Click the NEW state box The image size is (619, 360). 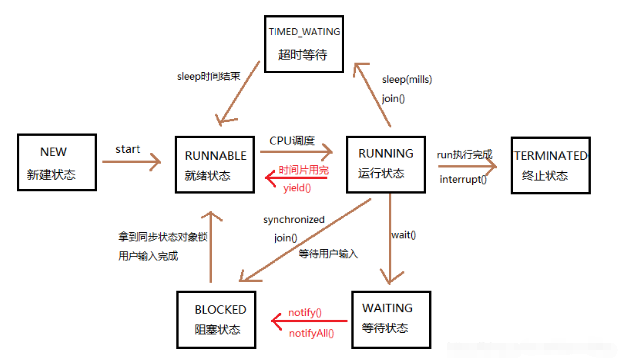pos(57,162)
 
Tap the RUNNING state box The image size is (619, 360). pos(386,164)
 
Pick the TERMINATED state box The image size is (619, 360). pos(550,165)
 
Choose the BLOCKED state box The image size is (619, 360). pos(216,319)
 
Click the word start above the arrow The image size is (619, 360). pos(128,149)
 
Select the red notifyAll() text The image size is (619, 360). pos(311,333)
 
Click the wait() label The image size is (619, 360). pos(404,235)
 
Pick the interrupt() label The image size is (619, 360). pos(463,179)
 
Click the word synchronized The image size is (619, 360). pos(293,219)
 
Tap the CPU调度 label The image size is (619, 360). pos(292,141)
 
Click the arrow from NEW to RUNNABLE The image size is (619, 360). pos(132,161)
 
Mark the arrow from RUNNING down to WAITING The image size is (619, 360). pos(389,238)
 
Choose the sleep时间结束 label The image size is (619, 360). pos(208,77)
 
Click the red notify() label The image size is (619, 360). pos(305,313)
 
